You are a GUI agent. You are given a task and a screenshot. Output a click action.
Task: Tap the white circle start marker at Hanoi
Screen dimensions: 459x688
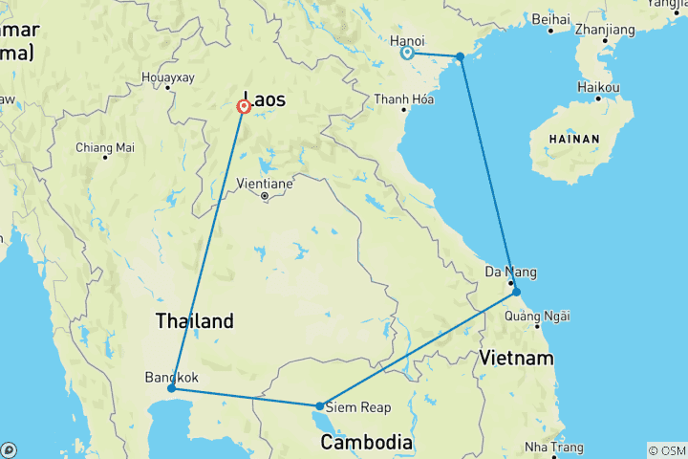(x=407, y=54)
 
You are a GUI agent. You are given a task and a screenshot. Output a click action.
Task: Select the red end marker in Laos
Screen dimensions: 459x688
(x=244, y=107)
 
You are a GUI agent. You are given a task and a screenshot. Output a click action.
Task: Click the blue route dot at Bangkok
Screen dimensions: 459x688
(x=171, y=388)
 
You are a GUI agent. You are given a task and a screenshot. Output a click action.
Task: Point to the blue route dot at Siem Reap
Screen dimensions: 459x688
(x=319, y=406)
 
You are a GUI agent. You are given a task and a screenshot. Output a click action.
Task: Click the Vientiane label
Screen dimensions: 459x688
(x=266, y=182)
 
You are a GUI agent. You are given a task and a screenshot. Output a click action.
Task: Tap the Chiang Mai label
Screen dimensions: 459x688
(x=105, y=147)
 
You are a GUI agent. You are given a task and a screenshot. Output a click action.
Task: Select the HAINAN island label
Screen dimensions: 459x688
(x=573, y=140)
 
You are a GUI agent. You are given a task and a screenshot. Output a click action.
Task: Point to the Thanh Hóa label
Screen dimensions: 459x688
(x=405, y=99)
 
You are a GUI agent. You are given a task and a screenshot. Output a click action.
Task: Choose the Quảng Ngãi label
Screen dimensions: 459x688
(x=536, y=317)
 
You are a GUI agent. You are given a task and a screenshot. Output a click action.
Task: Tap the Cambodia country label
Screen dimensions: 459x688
(x=366, y=443)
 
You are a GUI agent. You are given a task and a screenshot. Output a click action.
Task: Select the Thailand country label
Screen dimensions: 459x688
(x=195, y=321)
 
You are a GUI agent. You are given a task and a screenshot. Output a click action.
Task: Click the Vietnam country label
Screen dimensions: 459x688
(x=516, y=358)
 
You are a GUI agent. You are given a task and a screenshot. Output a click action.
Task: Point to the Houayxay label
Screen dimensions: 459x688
(x=168, y=76)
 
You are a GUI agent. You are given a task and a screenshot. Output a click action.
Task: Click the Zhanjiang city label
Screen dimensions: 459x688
(x=606, y=30)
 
